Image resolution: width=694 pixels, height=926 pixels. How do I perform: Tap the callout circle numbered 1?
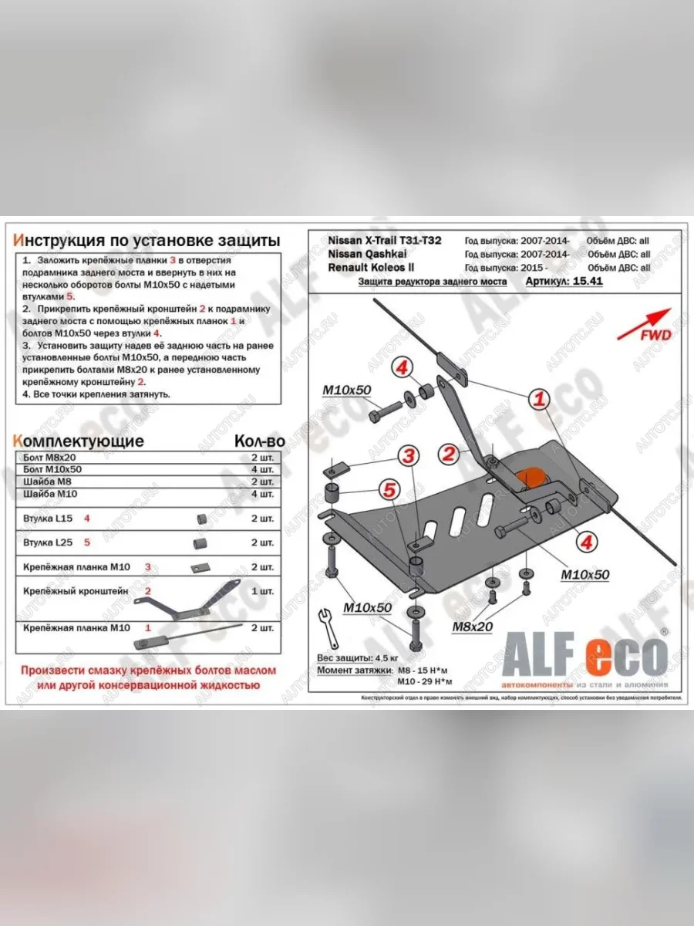(x=540, y=399)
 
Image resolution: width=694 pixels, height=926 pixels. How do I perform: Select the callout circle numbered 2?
(x=446, y=455)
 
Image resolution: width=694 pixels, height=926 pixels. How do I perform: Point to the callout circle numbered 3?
(x=410, y=455)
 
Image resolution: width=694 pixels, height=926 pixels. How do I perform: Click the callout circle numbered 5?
(x=390, y=488)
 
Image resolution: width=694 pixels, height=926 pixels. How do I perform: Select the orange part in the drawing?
(x=531, y=478)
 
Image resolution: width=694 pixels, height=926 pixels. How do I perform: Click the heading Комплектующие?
(x=79, y=441)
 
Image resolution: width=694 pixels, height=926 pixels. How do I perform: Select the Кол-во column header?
(x=258, y=441)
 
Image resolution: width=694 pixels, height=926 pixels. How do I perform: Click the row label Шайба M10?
(x=52, y=493)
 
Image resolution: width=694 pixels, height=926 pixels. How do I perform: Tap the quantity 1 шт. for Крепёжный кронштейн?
(x=262, y=591)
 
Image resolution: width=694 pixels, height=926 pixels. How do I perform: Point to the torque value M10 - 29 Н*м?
(x=424, y=681)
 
